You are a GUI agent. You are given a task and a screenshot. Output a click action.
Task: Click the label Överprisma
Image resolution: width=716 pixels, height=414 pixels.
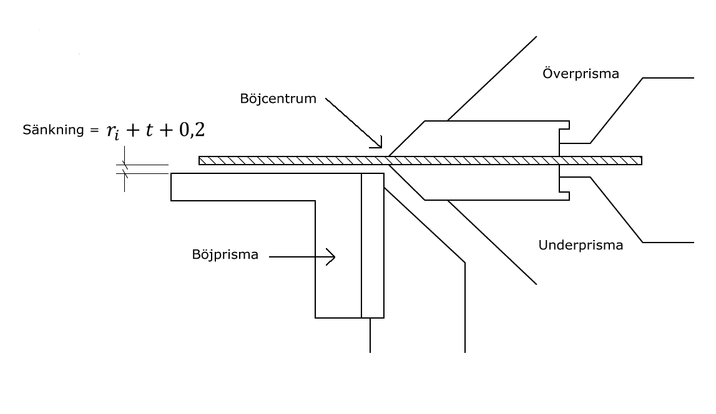581,74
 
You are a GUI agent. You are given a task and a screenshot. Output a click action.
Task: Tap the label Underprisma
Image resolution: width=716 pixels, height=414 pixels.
581,245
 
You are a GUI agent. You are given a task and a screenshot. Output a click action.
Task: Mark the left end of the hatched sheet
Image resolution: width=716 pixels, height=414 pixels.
200,160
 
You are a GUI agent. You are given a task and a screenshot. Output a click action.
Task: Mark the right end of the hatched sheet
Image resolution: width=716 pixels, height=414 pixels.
640,160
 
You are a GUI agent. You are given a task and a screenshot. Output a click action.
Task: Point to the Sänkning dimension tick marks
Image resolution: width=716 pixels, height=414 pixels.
124,169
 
